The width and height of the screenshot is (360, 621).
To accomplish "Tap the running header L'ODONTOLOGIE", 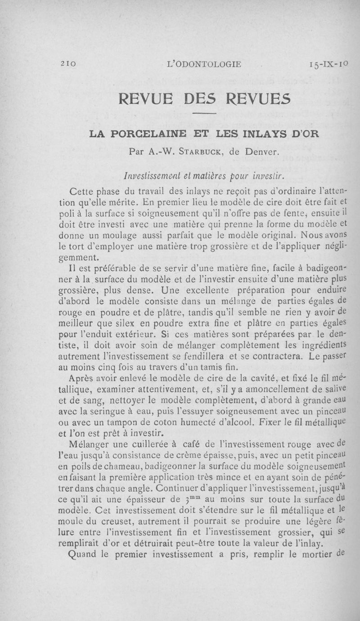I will [204, 64].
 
